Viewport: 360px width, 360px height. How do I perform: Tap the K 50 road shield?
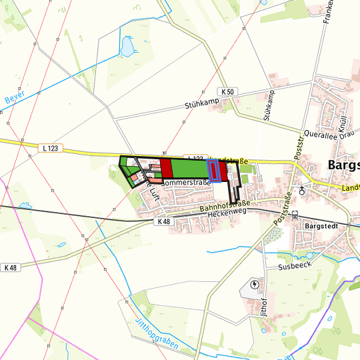227,92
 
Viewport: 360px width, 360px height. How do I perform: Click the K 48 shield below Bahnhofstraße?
163,221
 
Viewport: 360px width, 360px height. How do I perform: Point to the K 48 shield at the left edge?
10,267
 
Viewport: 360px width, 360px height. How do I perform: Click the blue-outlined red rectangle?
215,171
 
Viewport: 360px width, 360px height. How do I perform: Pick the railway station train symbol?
295,215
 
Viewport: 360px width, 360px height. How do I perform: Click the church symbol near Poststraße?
303,189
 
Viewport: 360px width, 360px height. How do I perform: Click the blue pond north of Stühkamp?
125,46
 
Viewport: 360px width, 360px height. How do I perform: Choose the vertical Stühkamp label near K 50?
269,105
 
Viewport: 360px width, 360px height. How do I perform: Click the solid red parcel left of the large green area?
166,167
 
